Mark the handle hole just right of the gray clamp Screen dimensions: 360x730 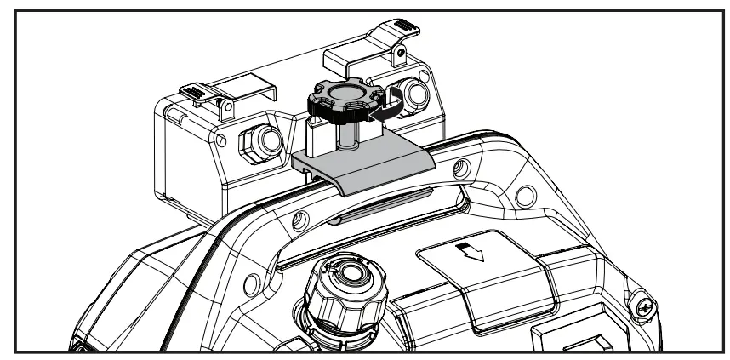460,164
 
